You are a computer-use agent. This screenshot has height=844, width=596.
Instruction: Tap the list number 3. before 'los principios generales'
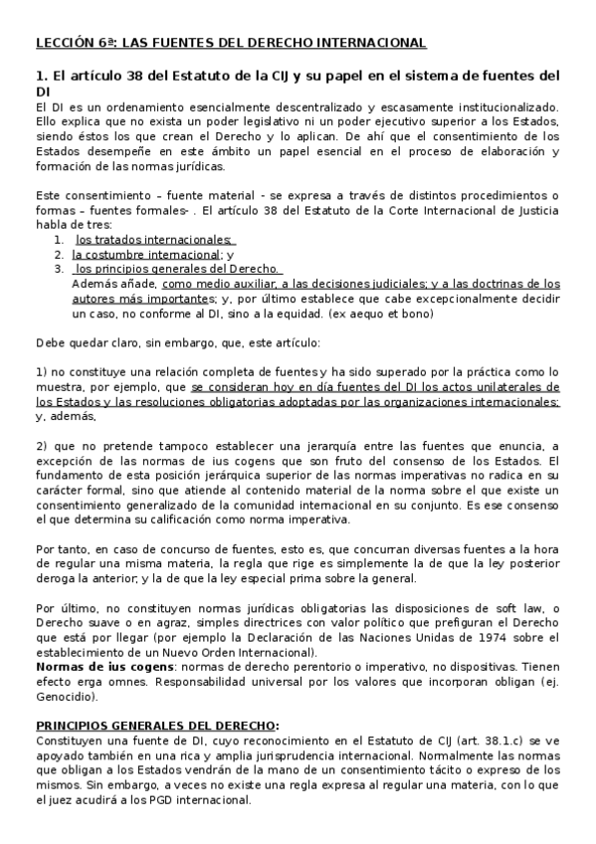(59, 269)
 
